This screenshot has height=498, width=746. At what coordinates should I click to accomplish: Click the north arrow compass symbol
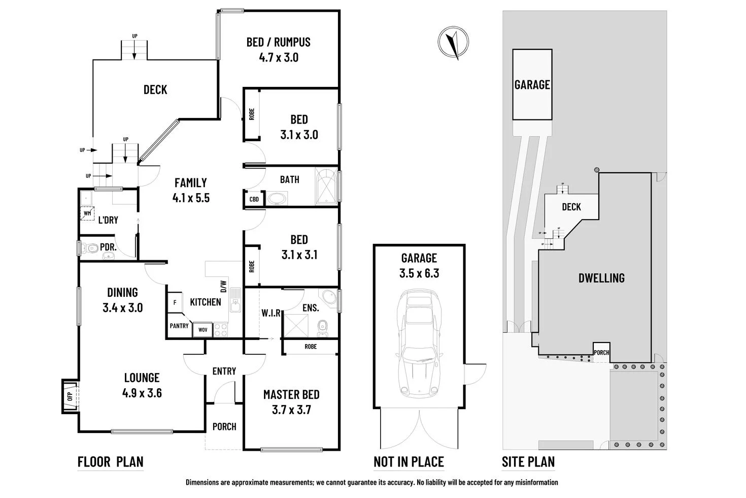[x=453, y=43]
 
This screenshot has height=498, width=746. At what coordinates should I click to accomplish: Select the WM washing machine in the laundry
[x=87, y=213]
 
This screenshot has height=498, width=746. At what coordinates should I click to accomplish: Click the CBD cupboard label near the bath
[x=254, y=199]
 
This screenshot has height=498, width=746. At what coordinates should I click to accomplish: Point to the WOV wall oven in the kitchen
[x=203, y=330]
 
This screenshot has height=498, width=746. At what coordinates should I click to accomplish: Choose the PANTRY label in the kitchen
[x=179, y=326]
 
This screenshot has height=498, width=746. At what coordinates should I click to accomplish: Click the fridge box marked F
[x=175, y=302]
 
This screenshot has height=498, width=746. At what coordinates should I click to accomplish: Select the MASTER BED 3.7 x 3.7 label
[x=291, y=402]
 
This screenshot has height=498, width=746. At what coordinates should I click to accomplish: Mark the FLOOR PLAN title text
[x=110, y=462]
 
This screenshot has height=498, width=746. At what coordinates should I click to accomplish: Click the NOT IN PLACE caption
[x=409, y=462]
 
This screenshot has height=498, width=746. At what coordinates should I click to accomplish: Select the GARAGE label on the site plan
[x=532, y=84]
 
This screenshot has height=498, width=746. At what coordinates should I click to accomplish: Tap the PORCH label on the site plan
[x=601, y=353]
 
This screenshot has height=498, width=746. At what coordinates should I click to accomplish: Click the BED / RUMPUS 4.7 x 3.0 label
[x=278, y=49]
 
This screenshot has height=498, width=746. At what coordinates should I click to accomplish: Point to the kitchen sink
[x=235, y=300]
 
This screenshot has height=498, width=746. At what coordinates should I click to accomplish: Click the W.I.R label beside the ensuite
[x=271, y=313]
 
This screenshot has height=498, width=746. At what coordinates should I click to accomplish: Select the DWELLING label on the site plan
[x=601, y=278]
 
